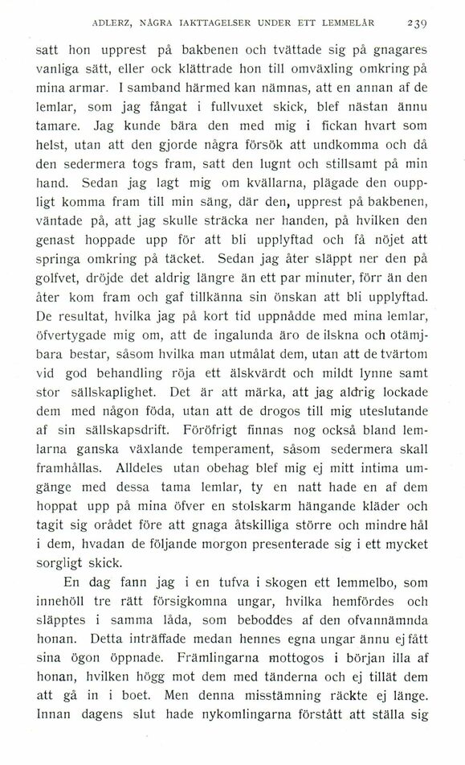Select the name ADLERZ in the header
click(x=115, y=22)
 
